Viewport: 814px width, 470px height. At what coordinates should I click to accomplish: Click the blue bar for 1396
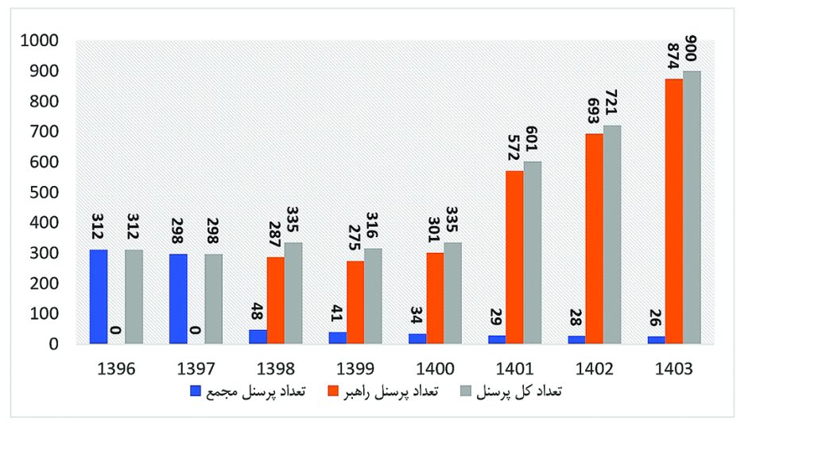(99, 297)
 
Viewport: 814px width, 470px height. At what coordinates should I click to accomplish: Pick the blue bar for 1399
(338, 338)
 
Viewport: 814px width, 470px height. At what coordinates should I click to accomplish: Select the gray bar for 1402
(612, 235)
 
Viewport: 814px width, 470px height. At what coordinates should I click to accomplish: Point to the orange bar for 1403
(674, 212)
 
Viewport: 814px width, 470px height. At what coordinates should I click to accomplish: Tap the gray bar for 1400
(453, 293)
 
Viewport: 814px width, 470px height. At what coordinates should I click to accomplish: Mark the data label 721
(613, 103)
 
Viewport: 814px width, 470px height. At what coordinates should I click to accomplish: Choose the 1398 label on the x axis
(275, 370)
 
